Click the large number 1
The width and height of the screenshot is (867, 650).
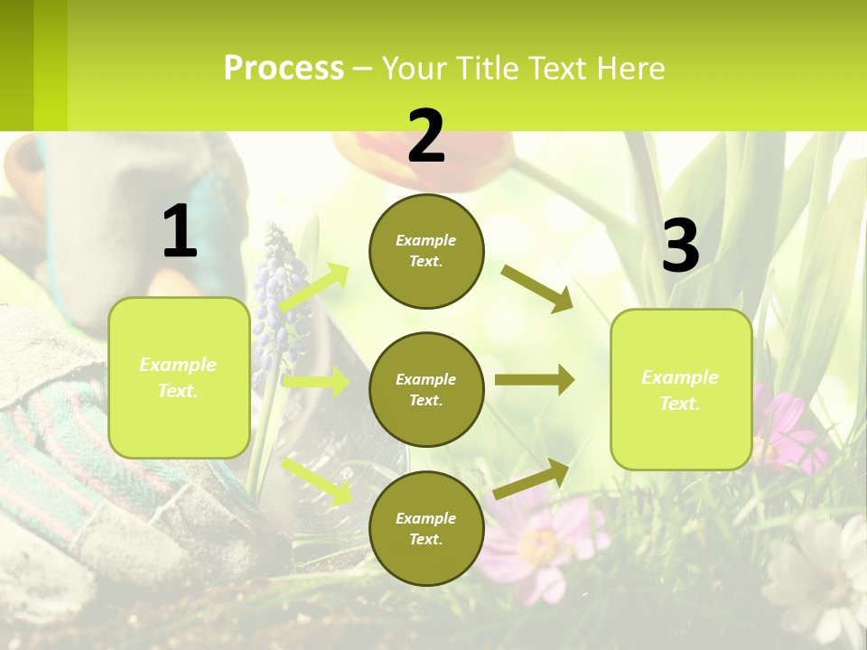click(x=180, y=231)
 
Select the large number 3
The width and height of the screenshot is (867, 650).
click(x=680, y=246)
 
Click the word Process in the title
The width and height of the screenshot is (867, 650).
click(x=284, y=68)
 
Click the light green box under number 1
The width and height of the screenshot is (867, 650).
click(x=179, y=377)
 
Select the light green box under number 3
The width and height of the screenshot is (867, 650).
click(x=681, y=389)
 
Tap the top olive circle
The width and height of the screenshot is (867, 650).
click(x=426, y=251)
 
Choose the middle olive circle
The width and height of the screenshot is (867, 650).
click(x=426, y=389)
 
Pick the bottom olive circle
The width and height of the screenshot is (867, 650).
click(x=426, y=528)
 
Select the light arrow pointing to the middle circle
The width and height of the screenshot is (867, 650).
click(x=316, y=382)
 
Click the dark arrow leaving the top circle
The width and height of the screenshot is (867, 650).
click(x=536, y=288)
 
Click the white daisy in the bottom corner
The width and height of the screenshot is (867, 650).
click(x=822, y=578)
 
